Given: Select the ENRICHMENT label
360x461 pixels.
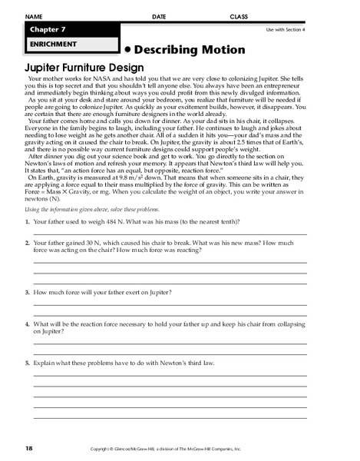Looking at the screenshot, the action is (50, 45).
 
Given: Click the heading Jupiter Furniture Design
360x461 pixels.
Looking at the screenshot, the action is (81, 67).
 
